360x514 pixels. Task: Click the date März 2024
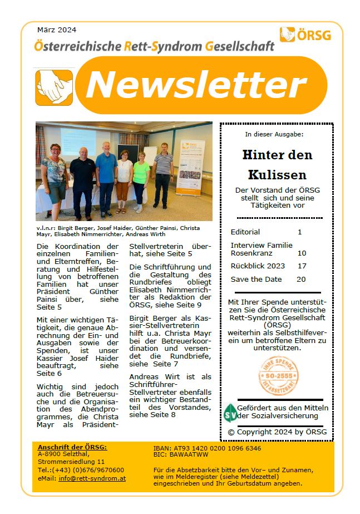coord(56,30)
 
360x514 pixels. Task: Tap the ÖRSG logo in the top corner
coord(305,35)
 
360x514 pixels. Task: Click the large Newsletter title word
coord(196,85)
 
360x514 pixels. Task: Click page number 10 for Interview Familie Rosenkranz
coord(302,253)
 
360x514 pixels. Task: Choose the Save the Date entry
coord(256,280)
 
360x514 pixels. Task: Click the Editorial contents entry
coord(245,232)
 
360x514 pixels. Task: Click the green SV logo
coord(230,413)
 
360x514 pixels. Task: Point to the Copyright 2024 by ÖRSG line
coord(277,432)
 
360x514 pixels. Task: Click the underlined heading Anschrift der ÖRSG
coord(72,447)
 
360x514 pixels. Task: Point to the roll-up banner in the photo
coord(190,167)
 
